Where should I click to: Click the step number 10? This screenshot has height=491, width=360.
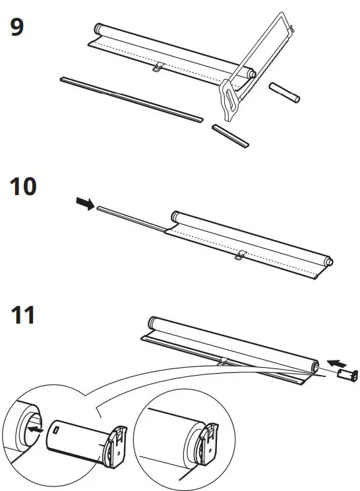[x=23, y=188]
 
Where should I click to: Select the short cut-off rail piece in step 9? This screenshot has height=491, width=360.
[x=231, y=134]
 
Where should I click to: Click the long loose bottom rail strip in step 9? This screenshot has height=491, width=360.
[x=132, y=99]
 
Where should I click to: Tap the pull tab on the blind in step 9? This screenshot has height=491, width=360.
[x=157, y=67]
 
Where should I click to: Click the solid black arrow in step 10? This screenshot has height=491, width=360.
[x=85, y=206]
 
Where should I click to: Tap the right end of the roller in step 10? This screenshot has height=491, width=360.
[x=328, y=261]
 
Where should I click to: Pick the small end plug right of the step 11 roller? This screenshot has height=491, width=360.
[x=347, y=374]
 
